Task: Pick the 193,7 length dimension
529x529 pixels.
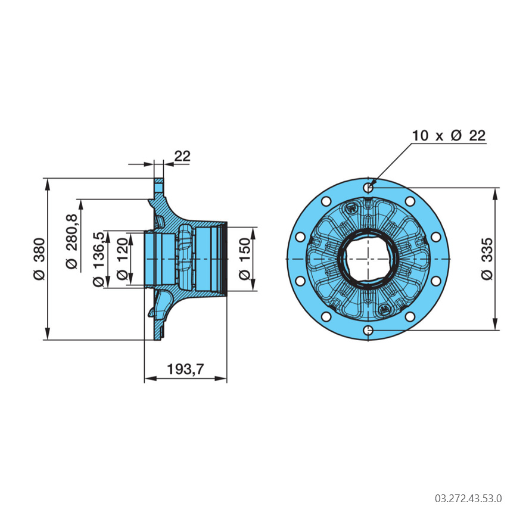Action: [x=185, y=369]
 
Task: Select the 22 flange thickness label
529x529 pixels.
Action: [x=182, y=156]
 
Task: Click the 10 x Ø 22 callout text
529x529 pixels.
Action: [x=449, y=135]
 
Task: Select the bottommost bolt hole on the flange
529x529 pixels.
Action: [x=369, y=330]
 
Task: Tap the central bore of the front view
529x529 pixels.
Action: [x=369, y=259]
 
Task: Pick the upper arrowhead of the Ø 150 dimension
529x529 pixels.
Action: [x=253, y=231]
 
